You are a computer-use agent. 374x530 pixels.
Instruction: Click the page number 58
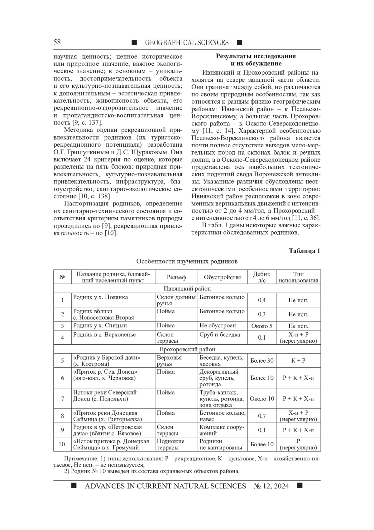point(57,42)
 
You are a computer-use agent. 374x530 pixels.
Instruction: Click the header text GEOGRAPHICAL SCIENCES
point(187,43)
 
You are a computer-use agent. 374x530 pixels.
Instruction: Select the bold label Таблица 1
point(304,251)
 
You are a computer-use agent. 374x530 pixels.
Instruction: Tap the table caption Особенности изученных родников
point(187,261)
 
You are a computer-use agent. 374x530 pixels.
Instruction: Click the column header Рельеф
point(176,277)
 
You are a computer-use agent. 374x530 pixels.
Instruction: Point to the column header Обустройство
point(223,277)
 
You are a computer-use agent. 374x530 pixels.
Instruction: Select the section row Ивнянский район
point(187,288)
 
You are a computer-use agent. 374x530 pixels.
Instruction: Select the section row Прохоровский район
point(187,349)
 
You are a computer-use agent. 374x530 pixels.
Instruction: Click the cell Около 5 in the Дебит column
point(261,326)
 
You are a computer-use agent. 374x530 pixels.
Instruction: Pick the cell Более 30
point(262,361)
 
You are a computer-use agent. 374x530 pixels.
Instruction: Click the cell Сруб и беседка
point(220,335)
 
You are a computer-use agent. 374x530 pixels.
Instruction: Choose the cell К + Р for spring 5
point(298,361)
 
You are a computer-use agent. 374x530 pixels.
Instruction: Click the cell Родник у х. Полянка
point(100,297)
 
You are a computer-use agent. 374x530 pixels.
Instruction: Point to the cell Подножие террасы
point(170,444)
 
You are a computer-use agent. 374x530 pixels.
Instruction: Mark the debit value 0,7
point(262,416)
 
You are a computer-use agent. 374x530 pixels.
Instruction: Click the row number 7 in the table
point(62,399)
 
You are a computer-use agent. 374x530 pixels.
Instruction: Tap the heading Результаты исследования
point(256,56)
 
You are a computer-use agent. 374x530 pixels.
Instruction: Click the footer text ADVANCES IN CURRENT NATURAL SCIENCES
point(165,486)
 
